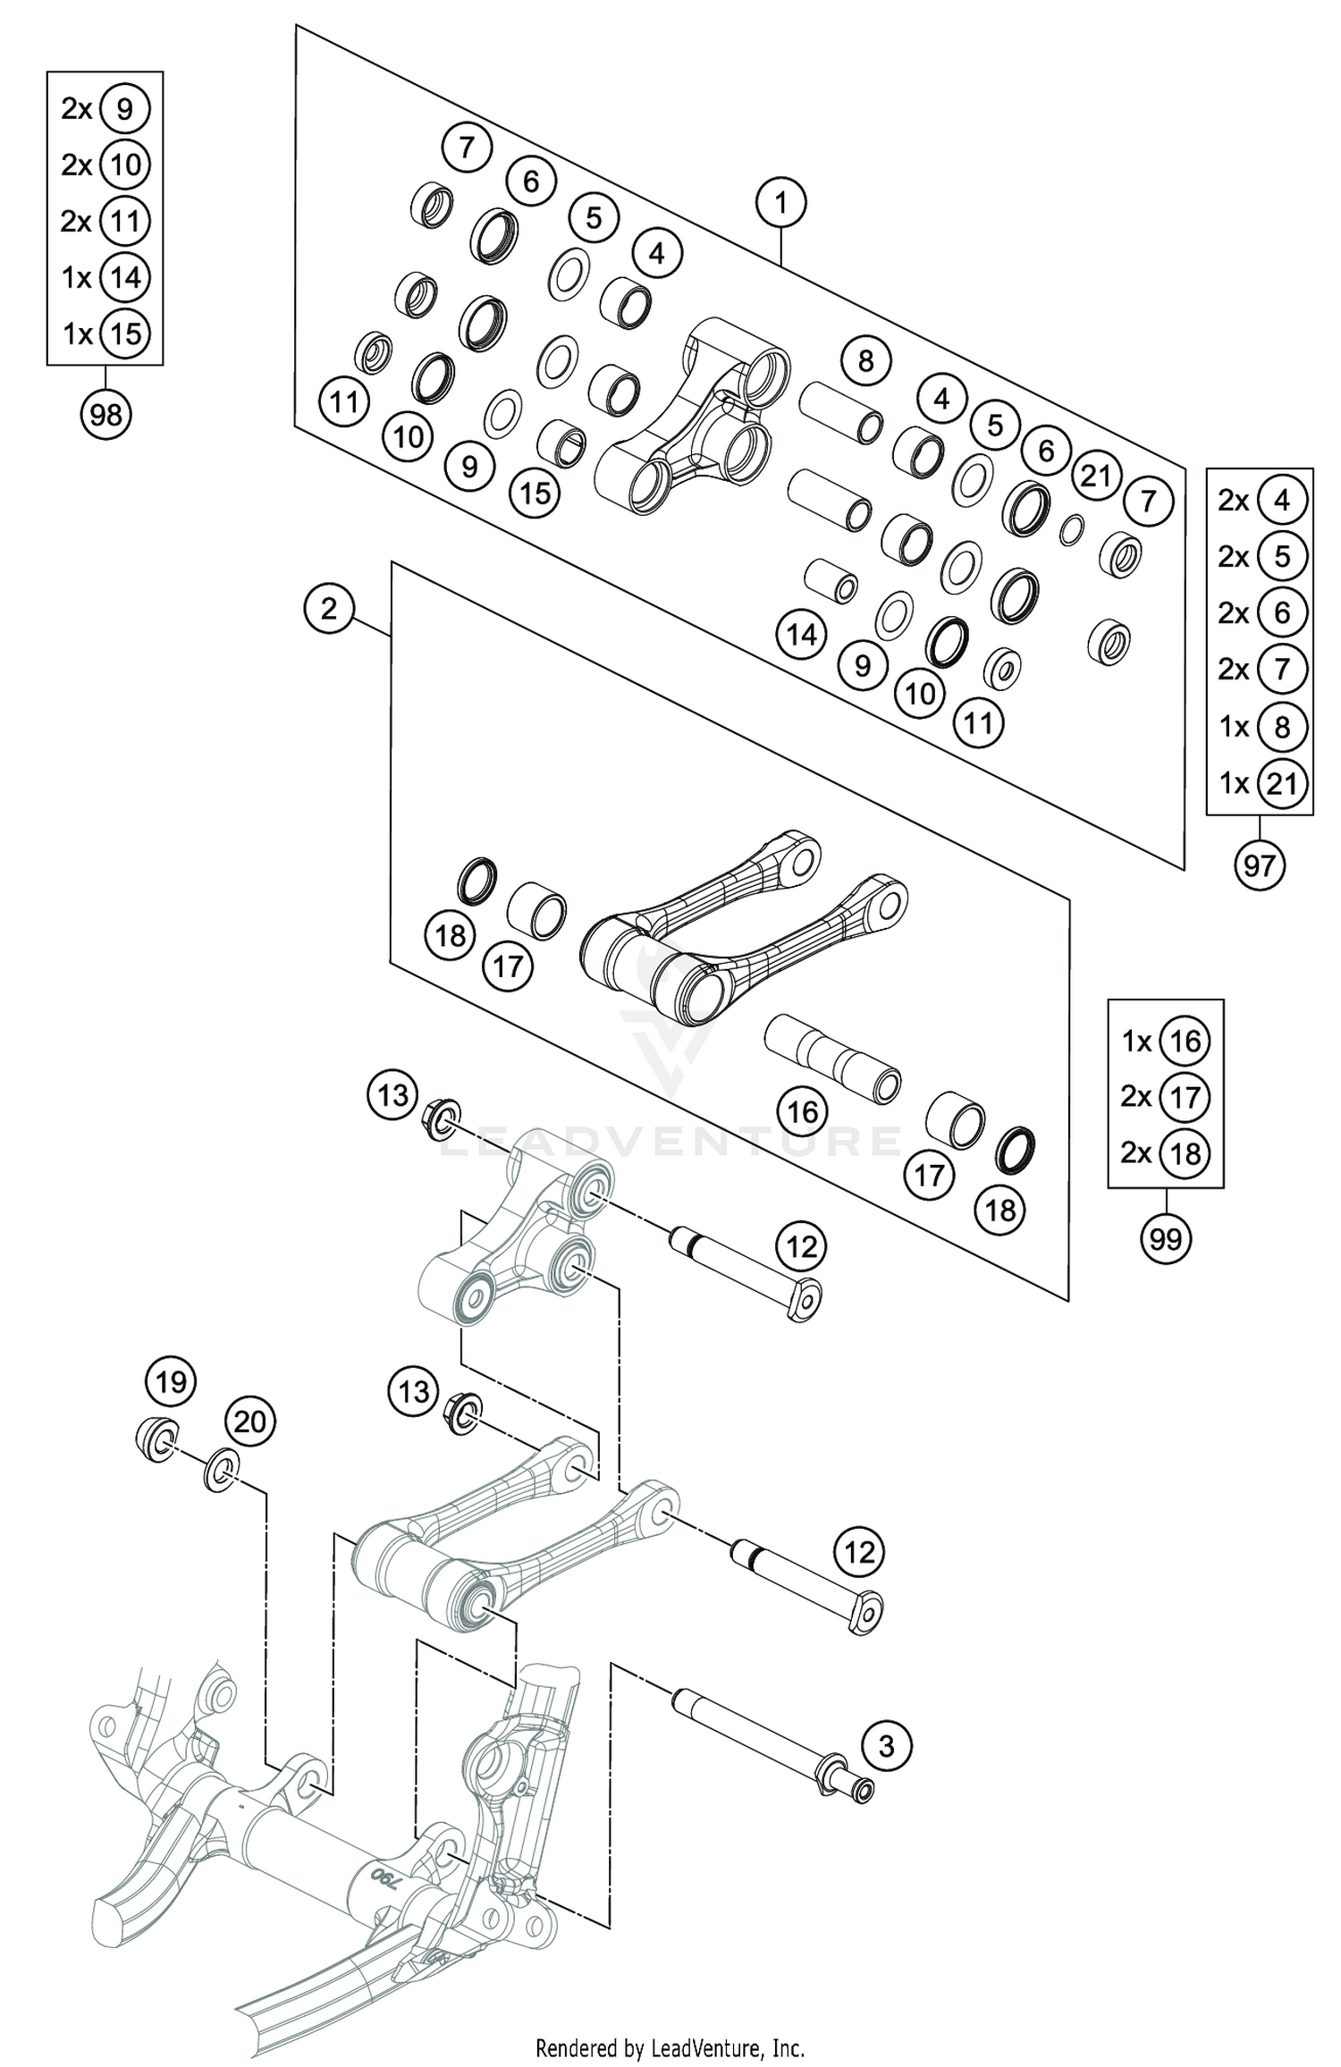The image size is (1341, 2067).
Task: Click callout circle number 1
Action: point(780,204)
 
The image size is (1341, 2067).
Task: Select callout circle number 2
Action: point(329,610)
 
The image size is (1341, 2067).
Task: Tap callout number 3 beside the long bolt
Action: point(886,1745)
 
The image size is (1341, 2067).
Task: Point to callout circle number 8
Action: point(865,361)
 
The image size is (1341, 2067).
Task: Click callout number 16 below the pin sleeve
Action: point(802,1111)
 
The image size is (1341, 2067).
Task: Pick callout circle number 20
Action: point(250,1421)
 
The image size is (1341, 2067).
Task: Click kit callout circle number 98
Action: point(105,415)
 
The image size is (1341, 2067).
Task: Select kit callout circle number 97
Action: point(1259,865)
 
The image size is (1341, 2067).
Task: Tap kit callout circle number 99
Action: point(1166,1238)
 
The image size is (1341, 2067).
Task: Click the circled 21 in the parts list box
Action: point(1281,783)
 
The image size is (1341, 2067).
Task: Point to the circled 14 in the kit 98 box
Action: point(124,277)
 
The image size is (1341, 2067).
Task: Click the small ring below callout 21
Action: point(1072,530)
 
